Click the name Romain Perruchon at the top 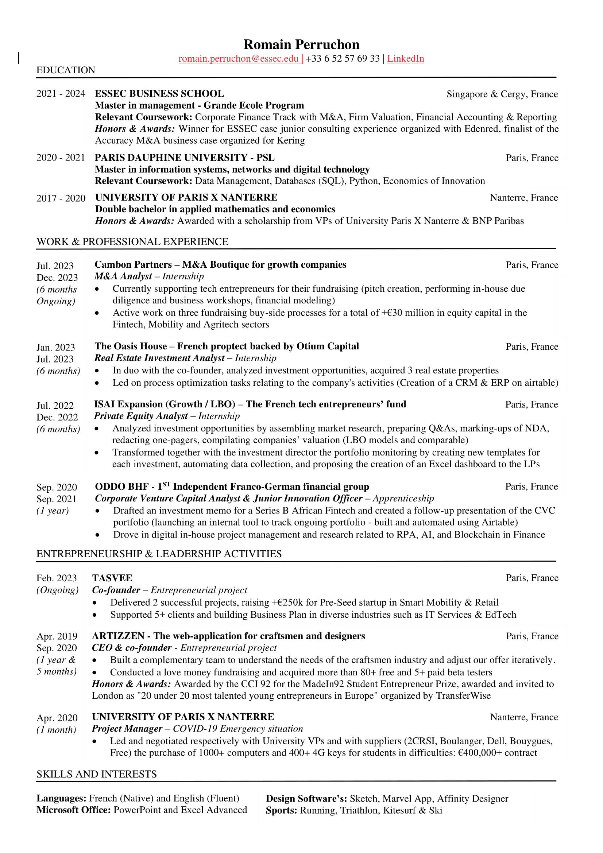[x=301, y=44]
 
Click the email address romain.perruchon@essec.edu [x=239, y=59]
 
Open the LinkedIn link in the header [x=405, y=59]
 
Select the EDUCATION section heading [x=66, y=70]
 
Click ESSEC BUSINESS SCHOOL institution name [x=159, y=94]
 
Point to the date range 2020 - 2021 [x=61, y=158]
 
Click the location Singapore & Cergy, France [x=502, y=94]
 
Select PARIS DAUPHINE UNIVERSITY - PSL [x=185, y=158]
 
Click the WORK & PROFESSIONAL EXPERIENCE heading [x=132, y=242]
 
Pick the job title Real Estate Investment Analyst [x=159, y=358]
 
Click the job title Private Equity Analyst [x=141, y=416]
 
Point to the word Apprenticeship [x=403, y=499]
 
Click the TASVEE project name [x=112, y=578]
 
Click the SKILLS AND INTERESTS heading [x=97, y=774]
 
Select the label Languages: [x=61, y=798]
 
